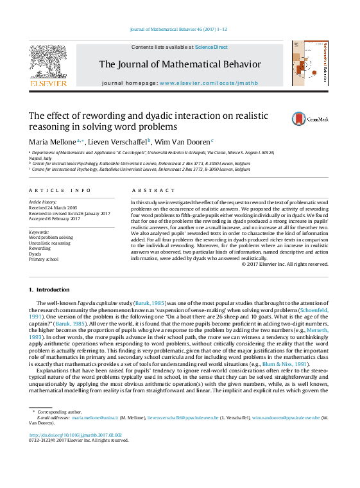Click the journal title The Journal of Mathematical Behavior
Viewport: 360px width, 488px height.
click(180, 64)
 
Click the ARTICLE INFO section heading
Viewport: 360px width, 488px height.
click(51, 191)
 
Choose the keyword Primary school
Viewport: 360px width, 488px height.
click(44, 259)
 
